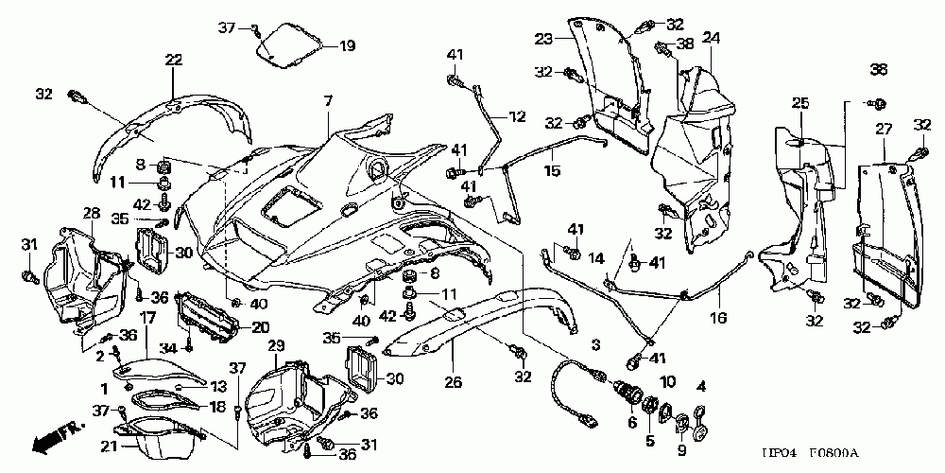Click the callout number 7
(328, 100)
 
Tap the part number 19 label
(347, 44)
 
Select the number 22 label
(173, 60)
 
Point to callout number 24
(711, 39)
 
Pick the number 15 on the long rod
(552, 171)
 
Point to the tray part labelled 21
(161, 438)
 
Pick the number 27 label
(884, 129)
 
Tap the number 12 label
(516, 117)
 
